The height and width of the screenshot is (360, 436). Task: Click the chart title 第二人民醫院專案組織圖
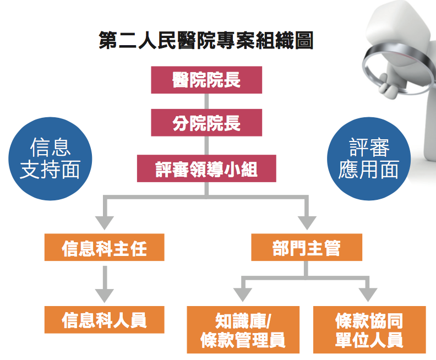[x=206, y=40]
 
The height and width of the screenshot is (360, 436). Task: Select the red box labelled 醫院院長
[x=206, y=80]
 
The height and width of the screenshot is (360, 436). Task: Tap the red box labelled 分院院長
[x=206, y=123]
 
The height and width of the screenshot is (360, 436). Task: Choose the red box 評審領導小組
[x=206, y=168]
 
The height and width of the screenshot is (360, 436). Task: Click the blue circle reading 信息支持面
[x=50, y=159]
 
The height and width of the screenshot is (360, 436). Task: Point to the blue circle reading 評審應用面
[x=369, y=159]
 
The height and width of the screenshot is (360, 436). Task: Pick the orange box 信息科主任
[x=104, y=247]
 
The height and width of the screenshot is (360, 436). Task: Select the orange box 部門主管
[x=307, y=247]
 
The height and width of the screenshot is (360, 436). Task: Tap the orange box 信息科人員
[x=104, y=320]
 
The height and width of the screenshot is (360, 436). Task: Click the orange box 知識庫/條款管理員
[x=243, y=330]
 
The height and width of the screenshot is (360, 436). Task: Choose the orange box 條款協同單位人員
[x=369, y=330]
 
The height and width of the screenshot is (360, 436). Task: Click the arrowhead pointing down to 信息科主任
[x=105, y=223]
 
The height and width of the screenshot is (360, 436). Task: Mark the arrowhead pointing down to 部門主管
[x=307, y=223]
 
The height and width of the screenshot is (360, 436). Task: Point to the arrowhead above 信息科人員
[x=105, y=296]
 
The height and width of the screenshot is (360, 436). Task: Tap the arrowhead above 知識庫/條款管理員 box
[x=243, y=295]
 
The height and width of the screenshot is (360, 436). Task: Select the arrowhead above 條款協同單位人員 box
[x=368, y=295]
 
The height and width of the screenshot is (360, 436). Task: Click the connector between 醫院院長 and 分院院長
[x=206, y=101]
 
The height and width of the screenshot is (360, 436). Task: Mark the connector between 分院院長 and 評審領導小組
[x=206, y=145]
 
